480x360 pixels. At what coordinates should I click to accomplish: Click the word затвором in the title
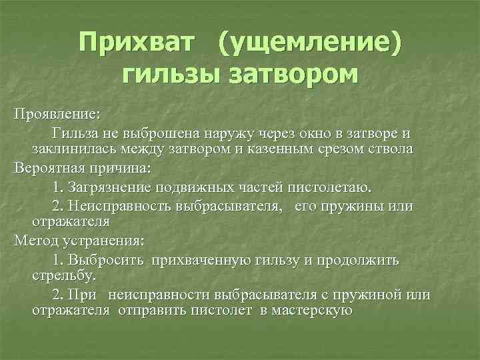pos(293,74)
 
